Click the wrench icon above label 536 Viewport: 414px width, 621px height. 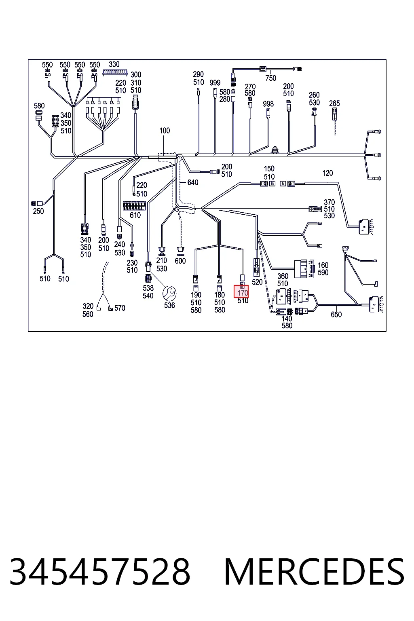click(169, 293)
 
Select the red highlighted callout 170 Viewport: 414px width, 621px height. click(241, 291)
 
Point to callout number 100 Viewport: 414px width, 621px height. click(165, 131)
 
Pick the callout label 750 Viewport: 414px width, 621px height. click(270, 78)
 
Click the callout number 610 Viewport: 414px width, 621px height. click(135, 215)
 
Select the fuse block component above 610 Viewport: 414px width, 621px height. click(134, 206)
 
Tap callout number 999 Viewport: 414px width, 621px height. click(215, 82)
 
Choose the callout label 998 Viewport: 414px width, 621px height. click(268, 104)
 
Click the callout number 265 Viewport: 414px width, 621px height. click(334, 103)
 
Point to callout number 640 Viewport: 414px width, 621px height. click(193, 182)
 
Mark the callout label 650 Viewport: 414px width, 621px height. click(336, 315)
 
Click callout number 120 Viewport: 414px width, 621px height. click(327, 173)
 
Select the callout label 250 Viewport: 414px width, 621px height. click(38, 211)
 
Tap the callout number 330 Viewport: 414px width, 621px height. click(114, 64)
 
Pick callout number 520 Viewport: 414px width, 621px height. click(257, 282)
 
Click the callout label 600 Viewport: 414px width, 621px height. click(180, 261)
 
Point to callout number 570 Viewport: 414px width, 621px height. click(120, 308)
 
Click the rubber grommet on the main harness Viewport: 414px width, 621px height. click(275, 150)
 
